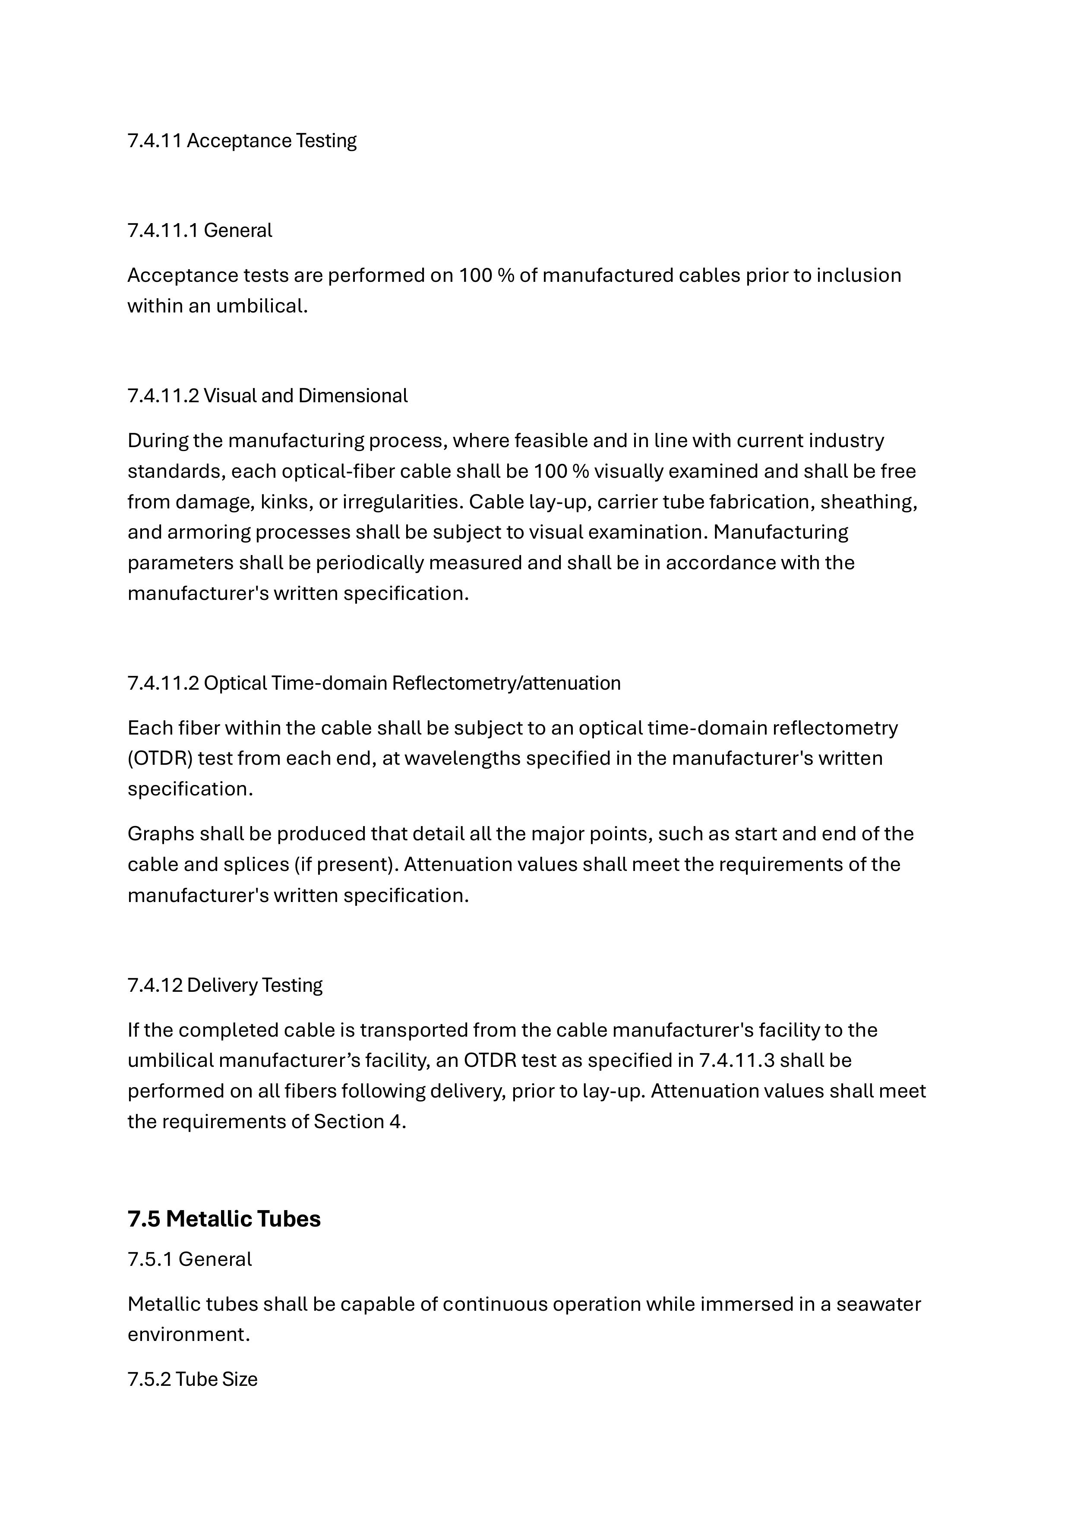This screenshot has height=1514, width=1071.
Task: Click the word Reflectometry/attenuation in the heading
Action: (x=506, y=683)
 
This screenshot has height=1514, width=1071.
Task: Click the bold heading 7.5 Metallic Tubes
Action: (x=224, y=1219)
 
